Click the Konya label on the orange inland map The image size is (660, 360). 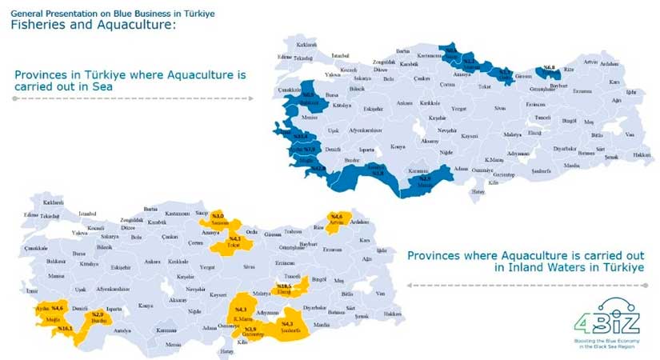[145, 306]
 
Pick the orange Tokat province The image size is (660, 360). [234, 240]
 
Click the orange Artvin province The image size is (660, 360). [337, 220]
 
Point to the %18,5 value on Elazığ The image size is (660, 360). [283, 286]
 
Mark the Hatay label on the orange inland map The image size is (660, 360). [228, 351]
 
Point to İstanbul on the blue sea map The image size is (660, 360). [340, 55]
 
